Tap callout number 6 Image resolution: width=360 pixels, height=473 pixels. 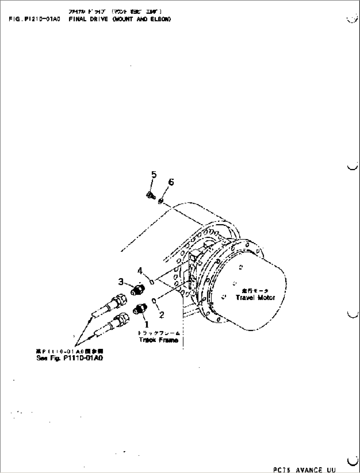tap(171, 182)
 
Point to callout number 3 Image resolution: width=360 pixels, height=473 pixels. tap(121, 282)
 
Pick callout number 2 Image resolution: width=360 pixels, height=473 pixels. tap(161, 315)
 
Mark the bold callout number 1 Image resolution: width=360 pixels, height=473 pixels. tap(144, 324)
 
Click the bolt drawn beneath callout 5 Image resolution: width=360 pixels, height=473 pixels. tap(150, 196)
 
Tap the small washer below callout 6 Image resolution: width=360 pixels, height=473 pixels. tap(161, 201)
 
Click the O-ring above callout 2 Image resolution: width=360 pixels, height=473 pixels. tap(154, 300)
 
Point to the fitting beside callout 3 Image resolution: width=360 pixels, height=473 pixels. tap(136, 290)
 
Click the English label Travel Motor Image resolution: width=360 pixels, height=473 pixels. tap(255, 297)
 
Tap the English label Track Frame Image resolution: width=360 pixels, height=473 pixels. tap(159, 340)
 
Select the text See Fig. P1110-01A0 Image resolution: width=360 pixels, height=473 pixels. tap(69, 358)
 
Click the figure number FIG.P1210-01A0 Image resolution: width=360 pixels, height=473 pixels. tap(35, 19)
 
